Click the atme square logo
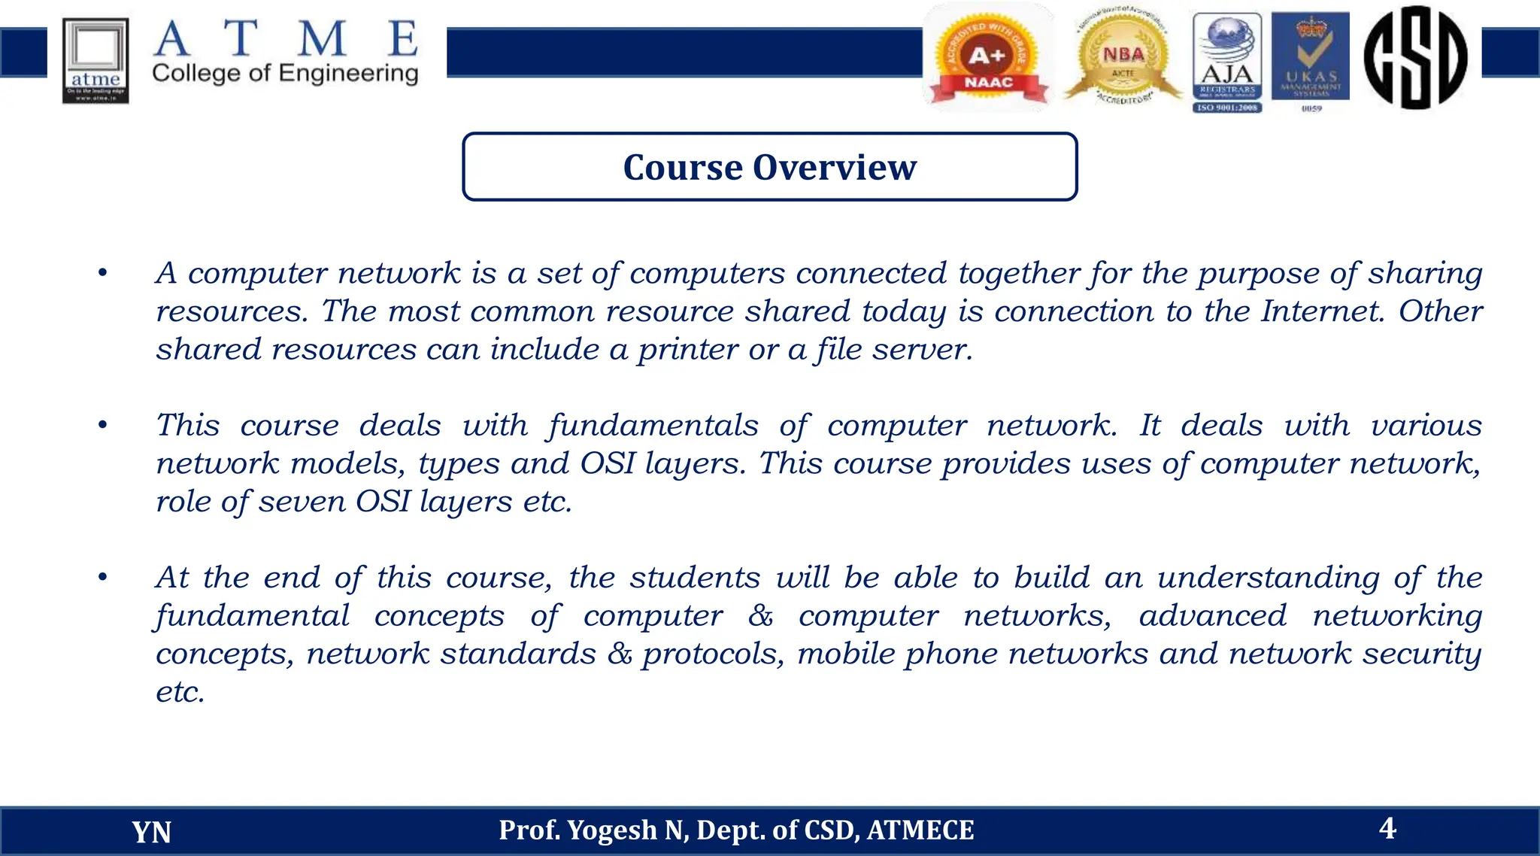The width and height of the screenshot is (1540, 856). tap(95, 61)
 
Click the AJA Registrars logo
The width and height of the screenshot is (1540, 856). tap(1227, 62)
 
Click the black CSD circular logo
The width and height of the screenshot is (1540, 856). tap(1415, 58)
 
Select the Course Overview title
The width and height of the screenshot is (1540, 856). tap(769, 167)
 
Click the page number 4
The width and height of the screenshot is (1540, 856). tap(1387, 828)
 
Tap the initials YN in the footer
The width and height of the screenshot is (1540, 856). tap(151, 832)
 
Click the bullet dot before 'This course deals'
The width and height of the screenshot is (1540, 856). tap(103, 426)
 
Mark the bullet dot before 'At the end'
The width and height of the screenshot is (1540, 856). tap(103, 578)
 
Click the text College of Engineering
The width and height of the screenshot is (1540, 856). tap(285, 74)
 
